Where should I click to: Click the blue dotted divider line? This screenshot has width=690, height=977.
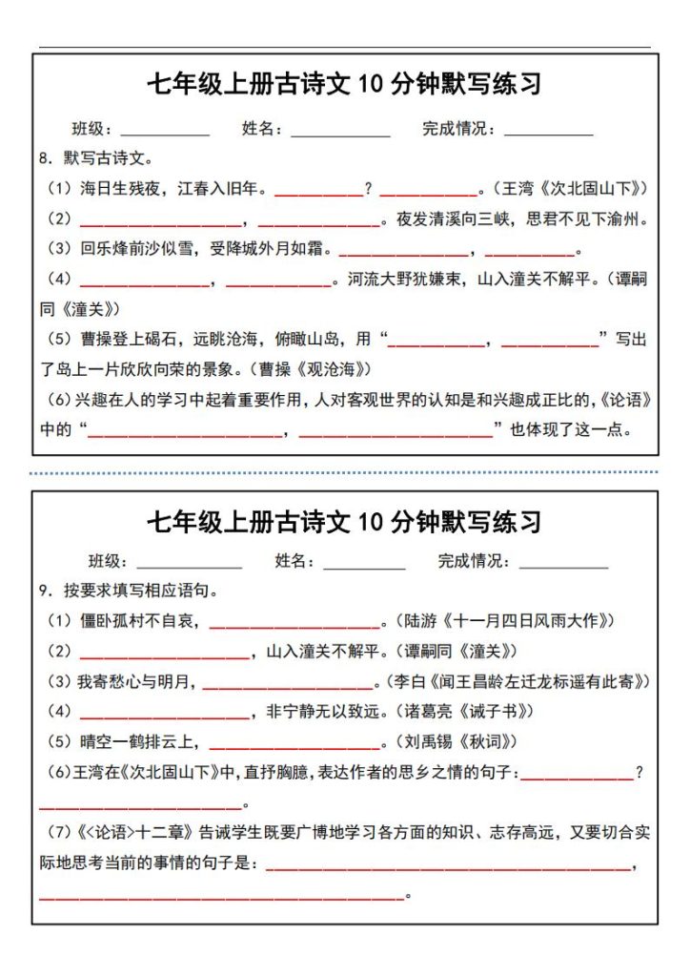pos(344,471)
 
